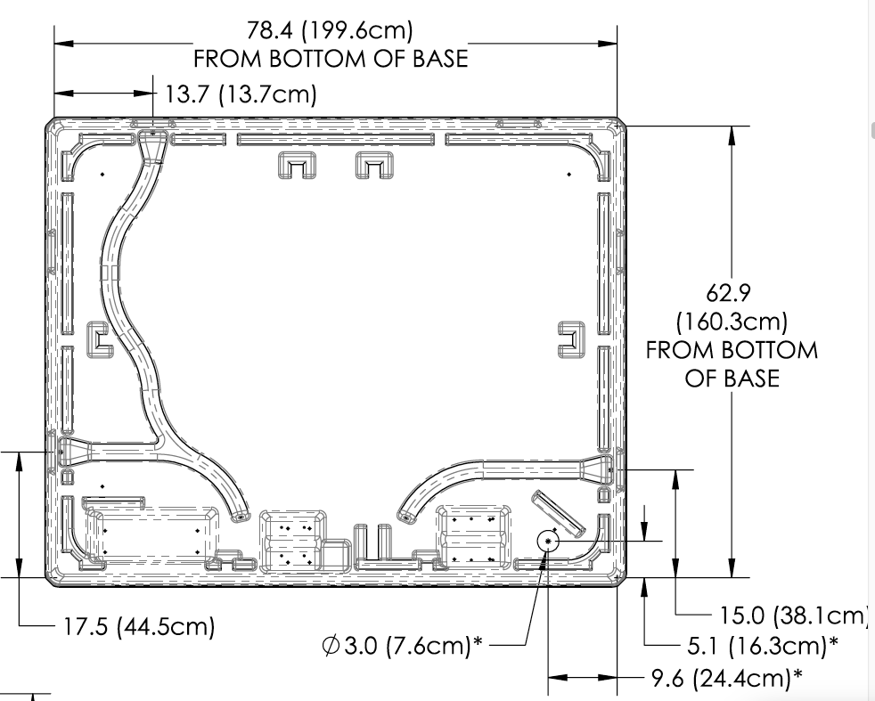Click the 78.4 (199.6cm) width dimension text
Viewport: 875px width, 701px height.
330,31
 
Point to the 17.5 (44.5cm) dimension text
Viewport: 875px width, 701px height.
139,626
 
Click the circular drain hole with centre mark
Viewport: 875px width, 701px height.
548,541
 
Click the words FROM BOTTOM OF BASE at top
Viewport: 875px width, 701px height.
331,60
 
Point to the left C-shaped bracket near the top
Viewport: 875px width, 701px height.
299,165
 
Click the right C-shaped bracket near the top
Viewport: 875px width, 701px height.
374,165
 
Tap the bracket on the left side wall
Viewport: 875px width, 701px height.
99,341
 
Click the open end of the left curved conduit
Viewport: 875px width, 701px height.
238,516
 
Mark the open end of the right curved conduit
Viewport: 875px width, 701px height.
405,516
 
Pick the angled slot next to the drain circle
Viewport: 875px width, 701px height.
557,511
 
